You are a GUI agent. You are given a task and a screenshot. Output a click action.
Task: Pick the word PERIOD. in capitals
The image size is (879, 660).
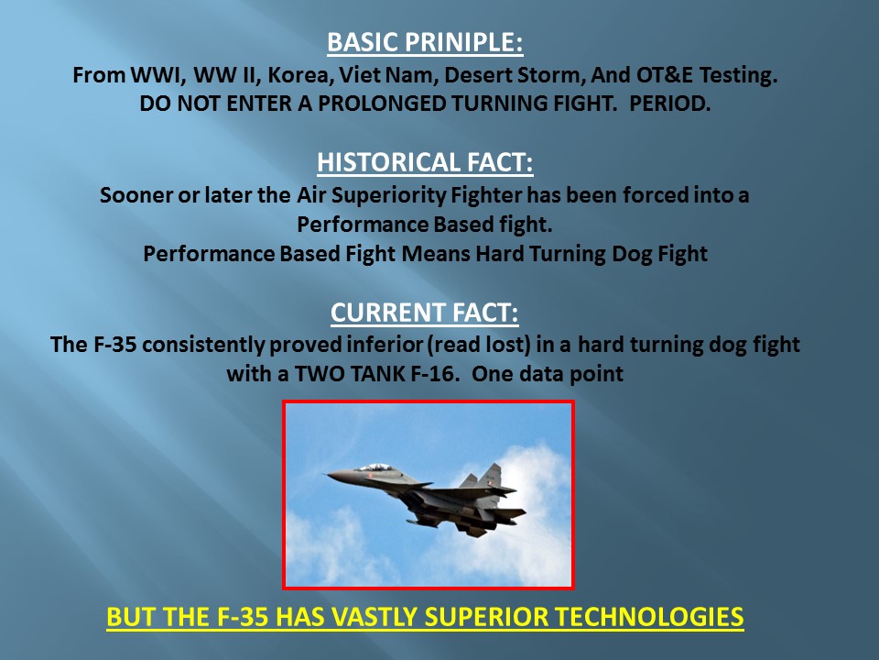click(x=670, y=104)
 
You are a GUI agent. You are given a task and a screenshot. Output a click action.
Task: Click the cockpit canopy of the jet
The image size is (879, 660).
click(x=374, y=467)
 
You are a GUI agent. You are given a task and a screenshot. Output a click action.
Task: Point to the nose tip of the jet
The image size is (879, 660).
click(x=327, y=475)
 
